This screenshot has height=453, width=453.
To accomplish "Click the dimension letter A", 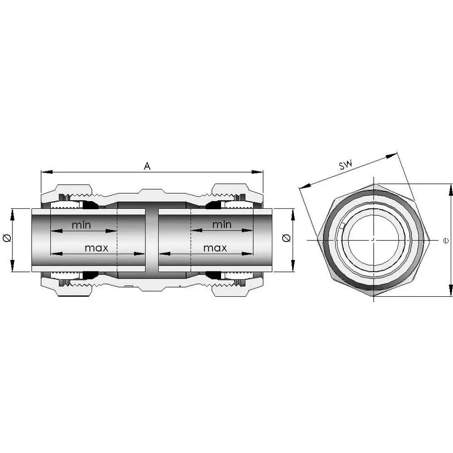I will click(x=147, y=166).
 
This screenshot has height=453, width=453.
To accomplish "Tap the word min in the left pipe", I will click(x=81, y=225).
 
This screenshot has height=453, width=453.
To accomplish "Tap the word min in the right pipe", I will click(x=222, y=224).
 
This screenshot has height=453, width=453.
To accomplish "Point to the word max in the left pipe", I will click(x=96, y=248).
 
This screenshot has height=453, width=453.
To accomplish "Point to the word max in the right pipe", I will click(x=215, y=248).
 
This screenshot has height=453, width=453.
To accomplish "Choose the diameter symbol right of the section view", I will click(x=286, y=238).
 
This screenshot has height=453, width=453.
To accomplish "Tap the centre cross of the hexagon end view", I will click(x=373, y=239).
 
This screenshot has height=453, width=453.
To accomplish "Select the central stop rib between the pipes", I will click(x=152, y=240).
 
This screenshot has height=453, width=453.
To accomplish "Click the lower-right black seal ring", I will click(x=213, y=275).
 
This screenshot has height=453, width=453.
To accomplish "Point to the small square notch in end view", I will click(x=343, y=225).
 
